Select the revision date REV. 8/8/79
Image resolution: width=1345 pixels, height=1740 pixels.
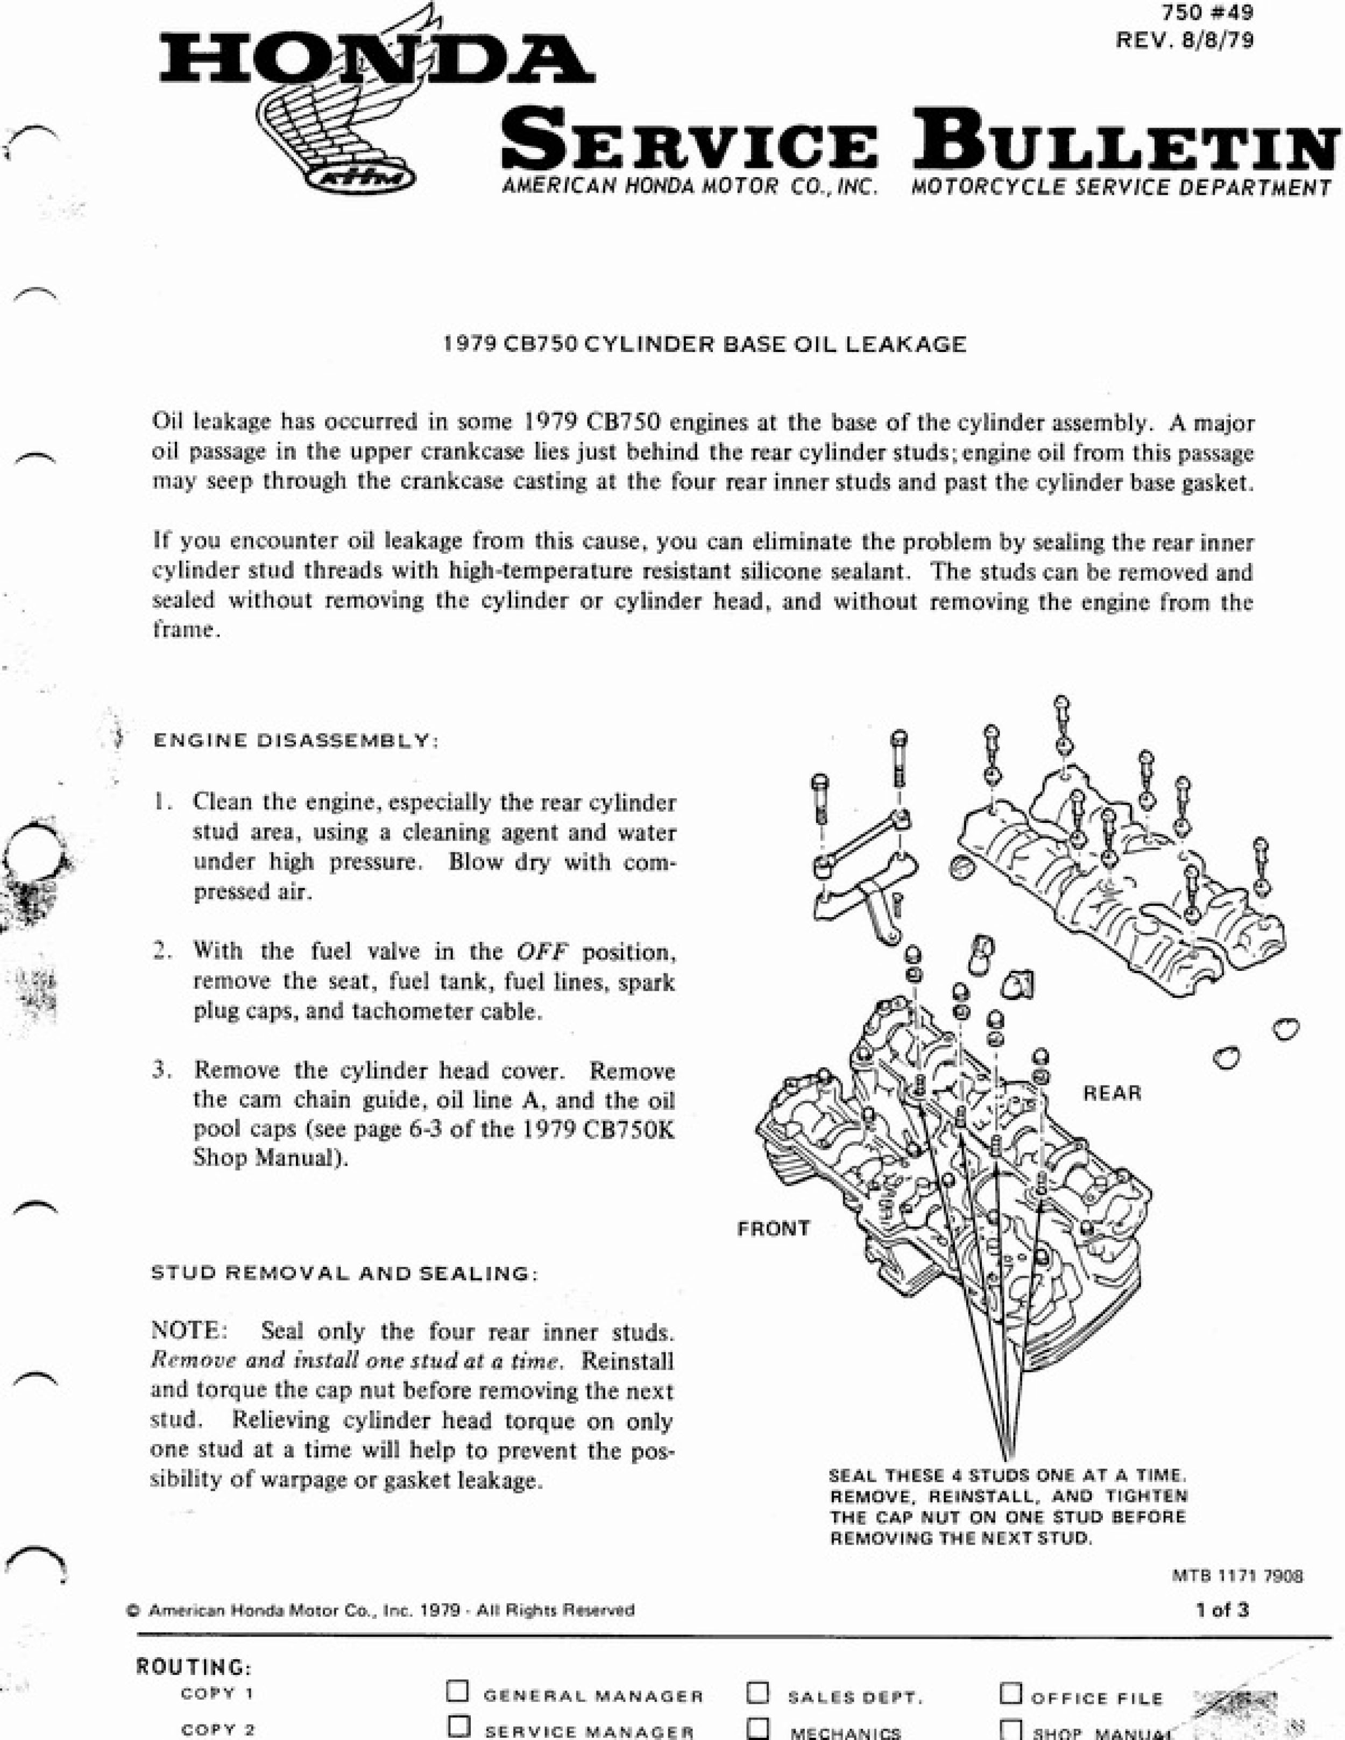coord(1185,40)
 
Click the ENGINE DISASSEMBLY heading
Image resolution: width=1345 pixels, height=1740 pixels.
coord(295,741)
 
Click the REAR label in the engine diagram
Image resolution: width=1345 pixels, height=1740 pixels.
coord(1112,1093)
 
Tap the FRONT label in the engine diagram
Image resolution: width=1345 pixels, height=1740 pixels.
coord(773,1229)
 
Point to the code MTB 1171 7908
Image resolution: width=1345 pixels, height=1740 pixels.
coord(1237,1575)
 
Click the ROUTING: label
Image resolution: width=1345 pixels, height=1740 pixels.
coord(194,1667)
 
